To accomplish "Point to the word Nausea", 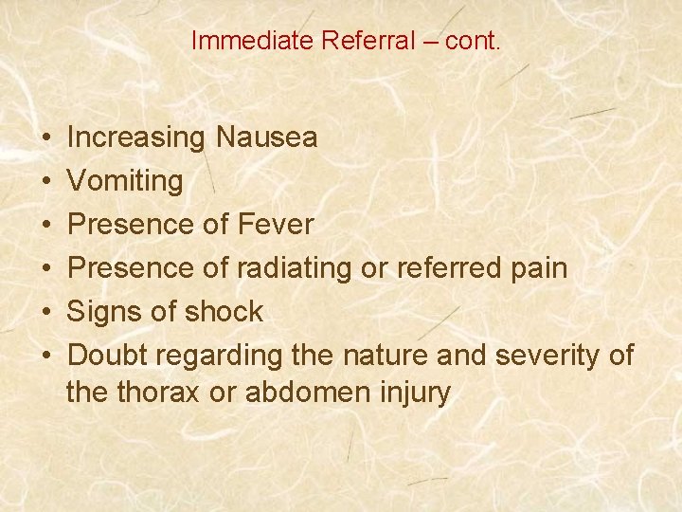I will click(x=266, y=138).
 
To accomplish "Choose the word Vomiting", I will click(x=126, y=181).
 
